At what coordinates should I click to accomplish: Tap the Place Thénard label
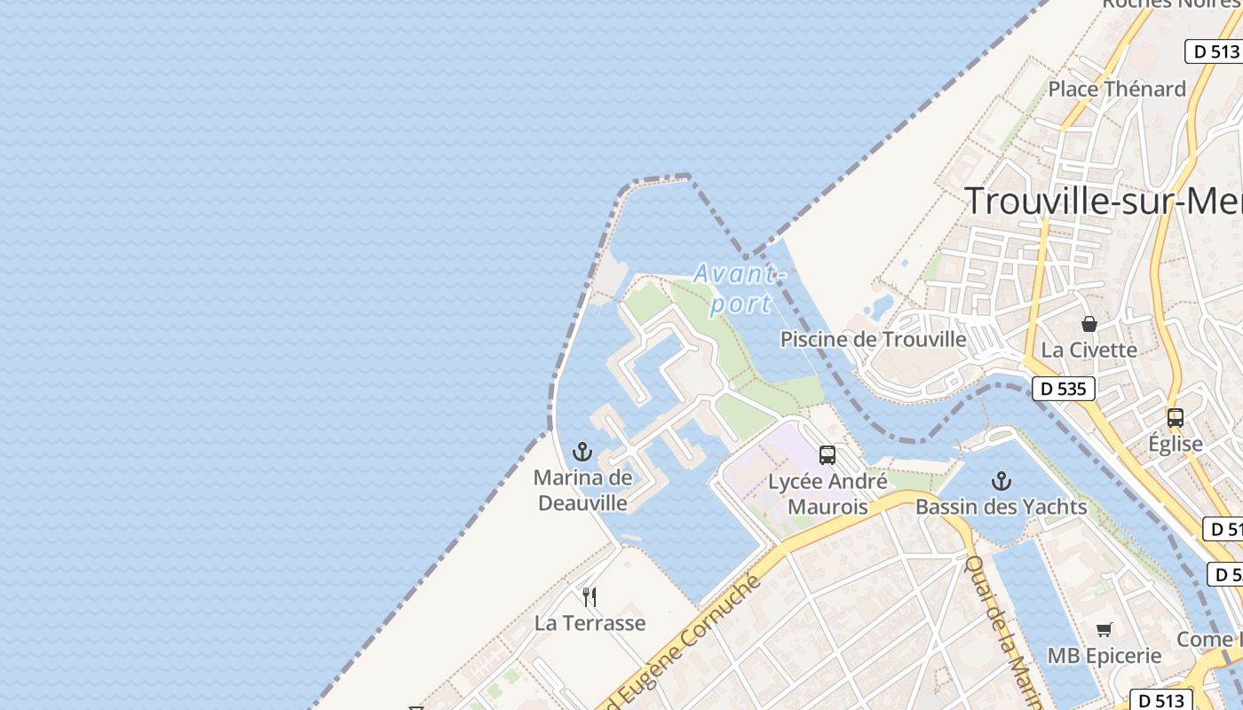(1117, 89)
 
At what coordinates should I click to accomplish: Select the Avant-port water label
(739, 288)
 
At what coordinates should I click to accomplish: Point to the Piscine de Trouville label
(873, 339)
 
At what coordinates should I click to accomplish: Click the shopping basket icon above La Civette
(1089, 324)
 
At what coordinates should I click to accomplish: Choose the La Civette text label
(1089, 350)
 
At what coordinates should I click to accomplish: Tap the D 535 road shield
(1064, 389)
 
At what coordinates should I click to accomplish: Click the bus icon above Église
(1176, 417)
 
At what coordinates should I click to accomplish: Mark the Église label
(1176, 444)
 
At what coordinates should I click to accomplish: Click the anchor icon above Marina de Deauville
(582, 452)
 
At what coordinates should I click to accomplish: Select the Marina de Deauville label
(582, 490)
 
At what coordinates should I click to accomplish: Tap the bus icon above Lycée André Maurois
(827, 455)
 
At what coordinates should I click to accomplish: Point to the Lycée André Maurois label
(827, 494)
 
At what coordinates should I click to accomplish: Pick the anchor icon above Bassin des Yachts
(1002, 481)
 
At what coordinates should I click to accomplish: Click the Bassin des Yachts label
(1002, 507)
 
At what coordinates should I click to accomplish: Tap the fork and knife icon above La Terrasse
(589, 596)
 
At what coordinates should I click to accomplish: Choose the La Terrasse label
(590, 623)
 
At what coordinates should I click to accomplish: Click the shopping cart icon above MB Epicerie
(1104, 630)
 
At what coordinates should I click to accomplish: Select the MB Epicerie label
(1104, 656)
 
